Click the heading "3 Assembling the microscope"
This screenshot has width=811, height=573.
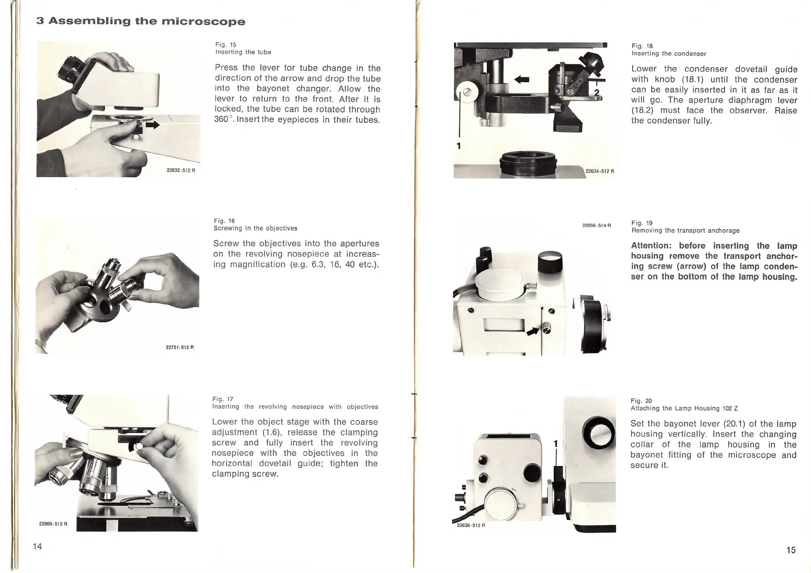point(141,22)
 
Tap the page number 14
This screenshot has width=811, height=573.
point(38,546)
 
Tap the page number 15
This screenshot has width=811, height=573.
point(791,550)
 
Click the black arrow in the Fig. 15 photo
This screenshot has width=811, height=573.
point(153,125)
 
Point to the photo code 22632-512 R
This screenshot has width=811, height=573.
point(181,171)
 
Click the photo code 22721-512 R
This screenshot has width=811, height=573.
point(179,347)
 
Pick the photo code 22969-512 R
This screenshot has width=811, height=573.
point(53,524)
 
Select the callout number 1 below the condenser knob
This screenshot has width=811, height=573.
point(458,145)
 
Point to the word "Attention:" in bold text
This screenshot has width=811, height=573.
point(650,246)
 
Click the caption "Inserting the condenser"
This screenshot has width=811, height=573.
point(668,53)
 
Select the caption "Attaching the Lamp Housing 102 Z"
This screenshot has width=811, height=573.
point(684,408)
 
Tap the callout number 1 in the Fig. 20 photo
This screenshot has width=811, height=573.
point(555,443)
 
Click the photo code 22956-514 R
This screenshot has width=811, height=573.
point(596,225)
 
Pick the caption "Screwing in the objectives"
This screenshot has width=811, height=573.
point(255,228)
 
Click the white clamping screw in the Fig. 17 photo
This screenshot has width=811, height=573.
point(140,446)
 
